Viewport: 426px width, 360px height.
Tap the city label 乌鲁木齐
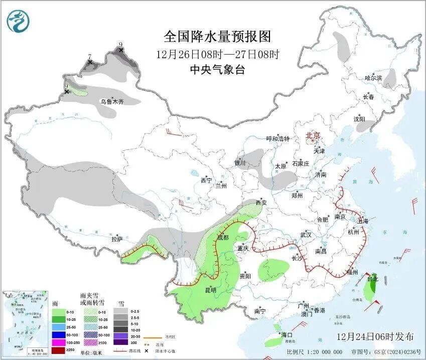tap(111, 101)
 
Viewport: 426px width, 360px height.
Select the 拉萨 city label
tap(116, 240)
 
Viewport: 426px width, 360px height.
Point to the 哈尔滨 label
tap(373, 78)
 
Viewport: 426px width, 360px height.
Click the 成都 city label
tap(223, 237)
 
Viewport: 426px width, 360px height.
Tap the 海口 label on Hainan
tap(287, 334)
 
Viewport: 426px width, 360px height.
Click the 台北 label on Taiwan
tap(372, 279)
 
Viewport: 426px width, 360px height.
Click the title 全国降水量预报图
tap(217, 37)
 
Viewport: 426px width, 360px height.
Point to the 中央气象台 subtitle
tap(217, 70)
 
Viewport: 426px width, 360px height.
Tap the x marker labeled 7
tap(90, 62)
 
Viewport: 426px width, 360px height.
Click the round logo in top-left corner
tap(18, 21)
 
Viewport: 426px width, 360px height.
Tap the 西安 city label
tap(261, 203)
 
